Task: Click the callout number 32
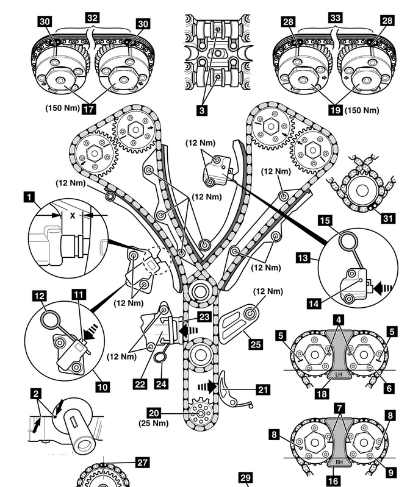[93, 18]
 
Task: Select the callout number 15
[325, 220]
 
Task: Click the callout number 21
[263, 388]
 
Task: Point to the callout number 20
[175, 412]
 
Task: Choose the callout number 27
[142, 463]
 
